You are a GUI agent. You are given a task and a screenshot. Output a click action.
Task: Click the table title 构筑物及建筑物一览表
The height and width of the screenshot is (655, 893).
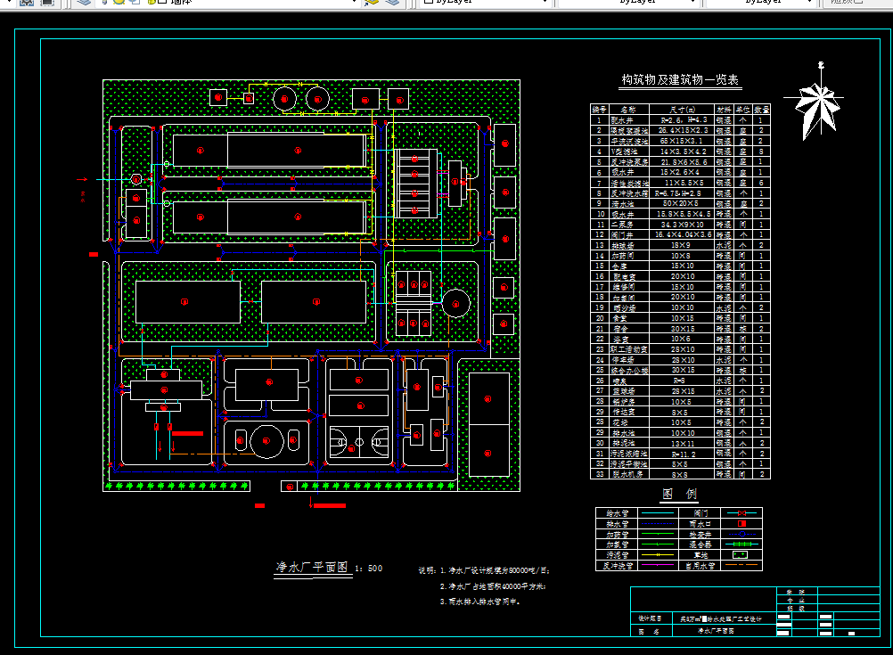point(680,80)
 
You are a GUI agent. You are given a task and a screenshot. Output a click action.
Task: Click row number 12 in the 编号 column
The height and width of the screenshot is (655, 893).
point(599,234)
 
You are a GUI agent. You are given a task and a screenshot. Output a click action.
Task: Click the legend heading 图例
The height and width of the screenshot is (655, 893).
point(679,494)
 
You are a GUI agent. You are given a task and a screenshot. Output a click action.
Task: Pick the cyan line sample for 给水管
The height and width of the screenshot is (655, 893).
point(659,513)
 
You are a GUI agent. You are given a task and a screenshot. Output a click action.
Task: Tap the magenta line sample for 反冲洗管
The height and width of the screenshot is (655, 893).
point(659,565)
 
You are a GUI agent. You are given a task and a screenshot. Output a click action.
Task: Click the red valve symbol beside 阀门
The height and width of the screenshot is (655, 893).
point(741,513)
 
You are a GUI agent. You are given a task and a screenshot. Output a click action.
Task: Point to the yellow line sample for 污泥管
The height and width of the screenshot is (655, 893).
point(659,554)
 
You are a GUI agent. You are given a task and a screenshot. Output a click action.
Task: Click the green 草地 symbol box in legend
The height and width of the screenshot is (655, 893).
point(741,554)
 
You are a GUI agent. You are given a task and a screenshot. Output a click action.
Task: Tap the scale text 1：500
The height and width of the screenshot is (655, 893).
point(370,568)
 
